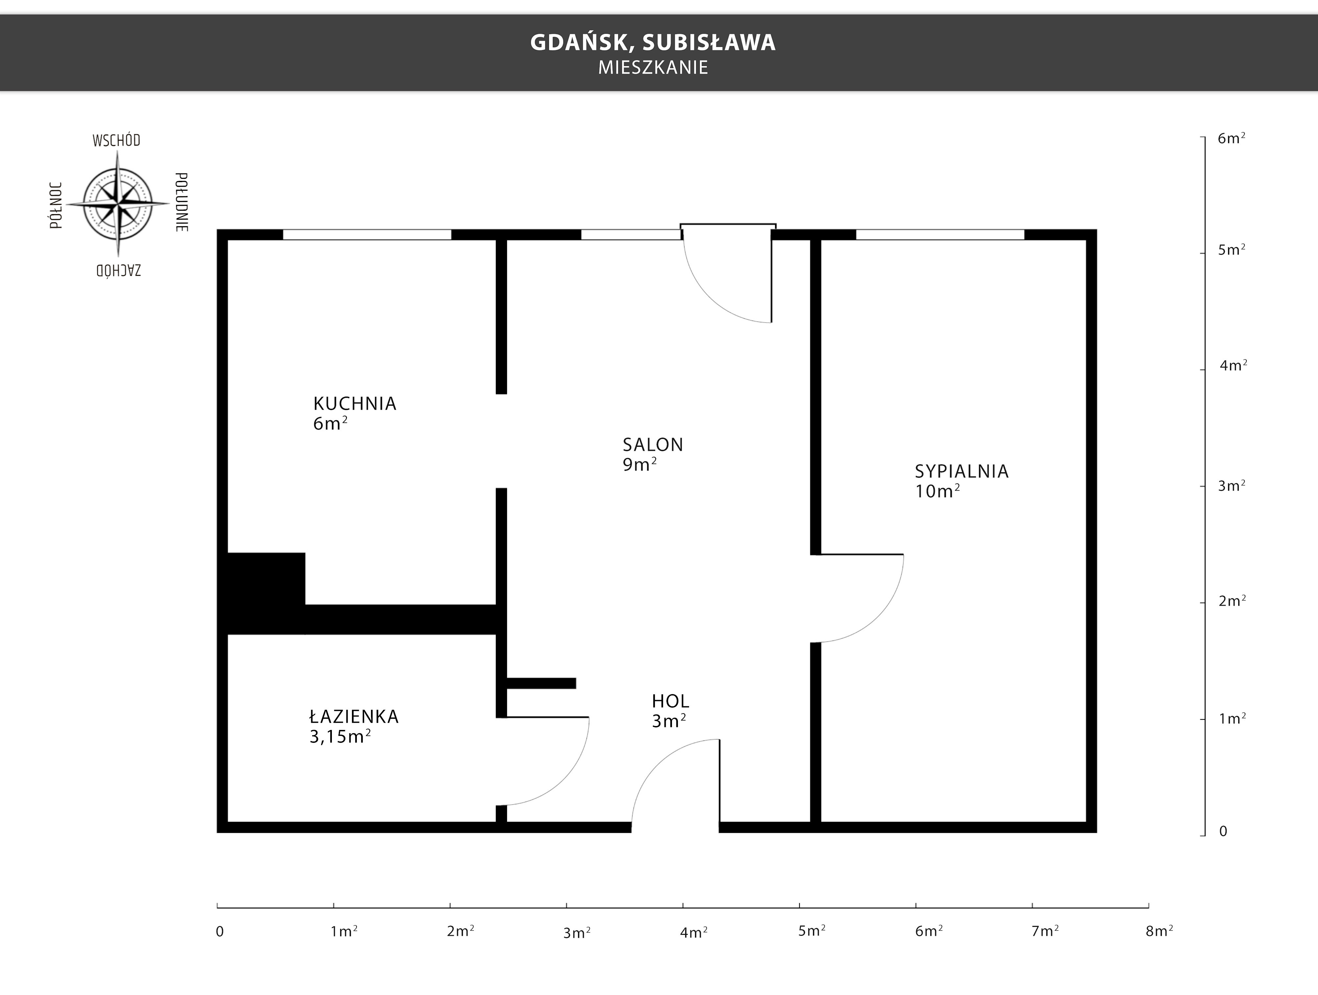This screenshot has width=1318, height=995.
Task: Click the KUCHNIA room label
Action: click(x=355, y=403)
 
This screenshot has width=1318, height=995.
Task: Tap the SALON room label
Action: click(x=653, y=445)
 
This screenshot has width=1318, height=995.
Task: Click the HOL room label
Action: click(x=670, y=701)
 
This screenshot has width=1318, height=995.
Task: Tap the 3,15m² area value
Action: click(x=340, y=736)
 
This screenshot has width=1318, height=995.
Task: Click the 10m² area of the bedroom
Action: click(x=937, y=491)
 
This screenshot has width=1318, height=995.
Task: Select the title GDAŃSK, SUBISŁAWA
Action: click(x=653, y=42)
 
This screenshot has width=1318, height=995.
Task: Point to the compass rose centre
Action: click(x=117, y=204)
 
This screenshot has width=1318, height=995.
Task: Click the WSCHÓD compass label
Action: click(x=116, y=141)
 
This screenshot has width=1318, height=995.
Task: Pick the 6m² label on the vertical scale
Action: click(x=1232, y=138)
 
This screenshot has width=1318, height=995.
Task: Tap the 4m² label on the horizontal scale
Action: click(x=694, y=933)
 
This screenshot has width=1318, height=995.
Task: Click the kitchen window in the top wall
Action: click(x=367, y=235)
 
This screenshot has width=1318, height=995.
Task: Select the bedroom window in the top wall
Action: click(x=940, y=235)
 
